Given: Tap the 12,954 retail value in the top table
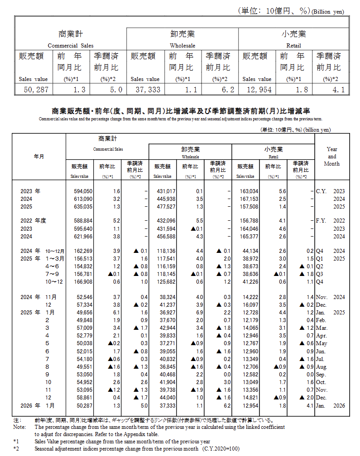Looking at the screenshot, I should (x=257, y=90).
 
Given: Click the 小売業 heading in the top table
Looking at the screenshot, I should (x=293, y=34).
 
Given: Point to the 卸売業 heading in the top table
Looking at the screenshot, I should (x=182, y=34).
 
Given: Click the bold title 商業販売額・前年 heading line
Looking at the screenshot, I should (x=180, y=111).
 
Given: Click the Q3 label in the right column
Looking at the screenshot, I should (x=319, y=274).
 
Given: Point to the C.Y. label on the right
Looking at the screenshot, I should (x=322, y=191).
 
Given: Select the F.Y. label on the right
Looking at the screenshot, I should (x=322, y=221).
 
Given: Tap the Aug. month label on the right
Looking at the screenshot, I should (x=321, y=367).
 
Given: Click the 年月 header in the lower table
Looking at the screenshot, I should (x=39, y=156).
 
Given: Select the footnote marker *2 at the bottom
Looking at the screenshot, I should (x=16, y=448).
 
